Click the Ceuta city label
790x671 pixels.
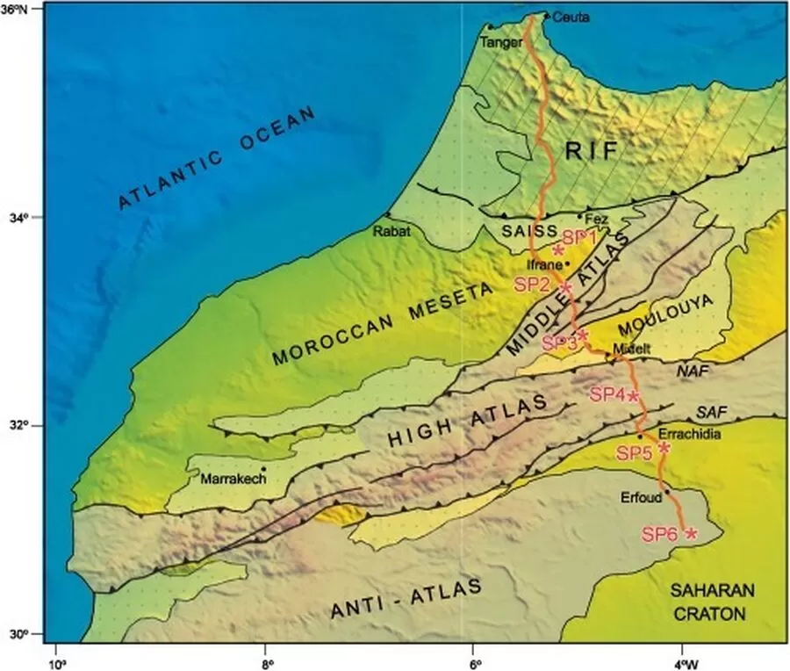572,17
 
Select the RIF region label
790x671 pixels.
586,152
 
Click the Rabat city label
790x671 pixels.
391,232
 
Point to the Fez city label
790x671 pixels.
596,218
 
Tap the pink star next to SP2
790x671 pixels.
565,286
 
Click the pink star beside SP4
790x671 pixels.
634,394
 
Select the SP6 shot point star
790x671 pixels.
691,533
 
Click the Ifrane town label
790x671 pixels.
542,263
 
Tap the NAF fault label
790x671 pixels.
692,372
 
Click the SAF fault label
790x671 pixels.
711,411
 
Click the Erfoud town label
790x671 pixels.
643,494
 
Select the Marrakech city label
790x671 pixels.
231,480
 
